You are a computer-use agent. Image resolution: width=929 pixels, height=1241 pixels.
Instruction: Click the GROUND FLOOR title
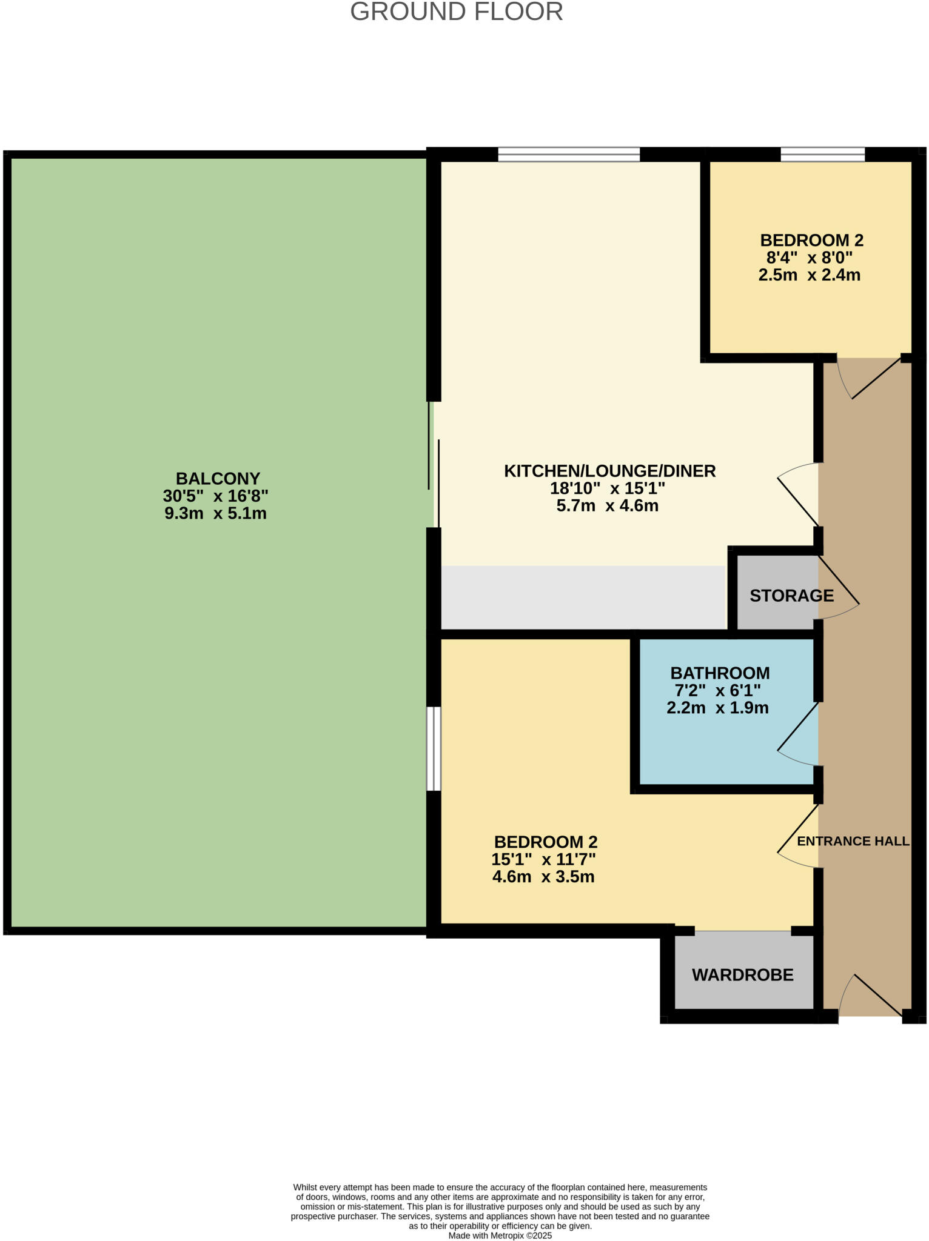point(456,12)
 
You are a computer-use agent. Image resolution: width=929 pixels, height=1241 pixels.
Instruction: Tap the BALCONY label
point(218,478)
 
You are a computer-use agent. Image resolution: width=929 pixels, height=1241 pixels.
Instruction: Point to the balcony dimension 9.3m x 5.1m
point(215,514)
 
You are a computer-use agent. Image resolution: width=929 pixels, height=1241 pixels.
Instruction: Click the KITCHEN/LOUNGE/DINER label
point(609,471)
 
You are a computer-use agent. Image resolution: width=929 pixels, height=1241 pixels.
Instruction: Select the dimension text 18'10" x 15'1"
point(607,488)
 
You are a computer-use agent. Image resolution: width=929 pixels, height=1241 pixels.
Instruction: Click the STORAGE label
point(791,596)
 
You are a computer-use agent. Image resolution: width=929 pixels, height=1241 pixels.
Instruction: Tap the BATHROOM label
point(720,673)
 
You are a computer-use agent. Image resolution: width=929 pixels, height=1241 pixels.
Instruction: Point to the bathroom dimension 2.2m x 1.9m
point(717,708)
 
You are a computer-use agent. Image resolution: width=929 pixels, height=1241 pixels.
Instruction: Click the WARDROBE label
point(742,975)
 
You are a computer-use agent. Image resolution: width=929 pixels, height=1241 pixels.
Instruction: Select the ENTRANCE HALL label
point(853,841)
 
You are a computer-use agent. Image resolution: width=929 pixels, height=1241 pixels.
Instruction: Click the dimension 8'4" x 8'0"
point(809,258)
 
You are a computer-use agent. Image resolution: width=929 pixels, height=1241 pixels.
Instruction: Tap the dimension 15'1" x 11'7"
point(543,859)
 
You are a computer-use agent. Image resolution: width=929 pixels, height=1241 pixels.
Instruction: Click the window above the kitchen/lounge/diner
point(569,155)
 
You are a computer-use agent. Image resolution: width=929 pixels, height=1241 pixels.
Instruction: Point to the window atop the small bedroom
point(822,155)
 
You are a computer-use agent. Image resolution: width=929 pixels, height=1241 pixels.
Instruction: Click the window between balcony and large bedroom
point(434,748)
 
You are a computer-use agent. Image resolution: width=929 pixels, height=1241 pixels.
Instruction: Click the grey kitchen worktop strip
point(582,597)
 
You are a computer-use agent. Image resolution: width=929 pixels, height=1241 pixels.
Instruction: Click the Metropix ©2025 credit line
point(500,1236)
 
